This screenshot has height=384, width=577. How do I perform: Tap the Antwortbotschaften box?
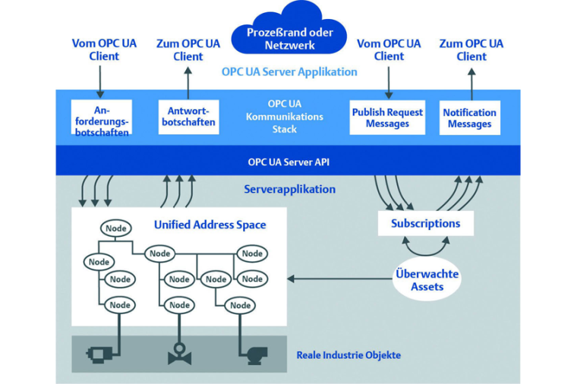[x=189, y=117]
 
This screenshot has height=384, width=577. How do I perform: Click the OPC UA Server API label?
[x=288, y=162]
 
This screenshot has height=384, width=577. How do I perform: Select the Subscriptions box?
[x=425, y=223]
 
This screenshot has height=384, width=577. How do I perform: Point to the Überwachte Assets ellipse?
[x=427, y=279]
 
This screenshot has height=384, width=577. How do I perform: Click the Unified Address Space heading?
[x=210, y=225]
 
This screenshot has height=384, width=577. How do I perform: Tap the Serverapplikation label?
[x=289, y=190]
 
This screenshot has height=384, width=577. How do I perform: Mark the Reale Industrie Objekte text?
[x=348, y=355]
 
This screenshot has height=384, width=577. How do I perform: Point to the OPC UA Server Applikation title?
[x=289, y=72]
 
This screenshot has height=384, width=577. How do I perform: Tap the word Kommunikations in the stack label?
[x=284, y=117]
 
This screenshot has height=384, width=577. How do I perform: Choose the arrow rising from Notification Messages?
[x=471, y=81]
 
